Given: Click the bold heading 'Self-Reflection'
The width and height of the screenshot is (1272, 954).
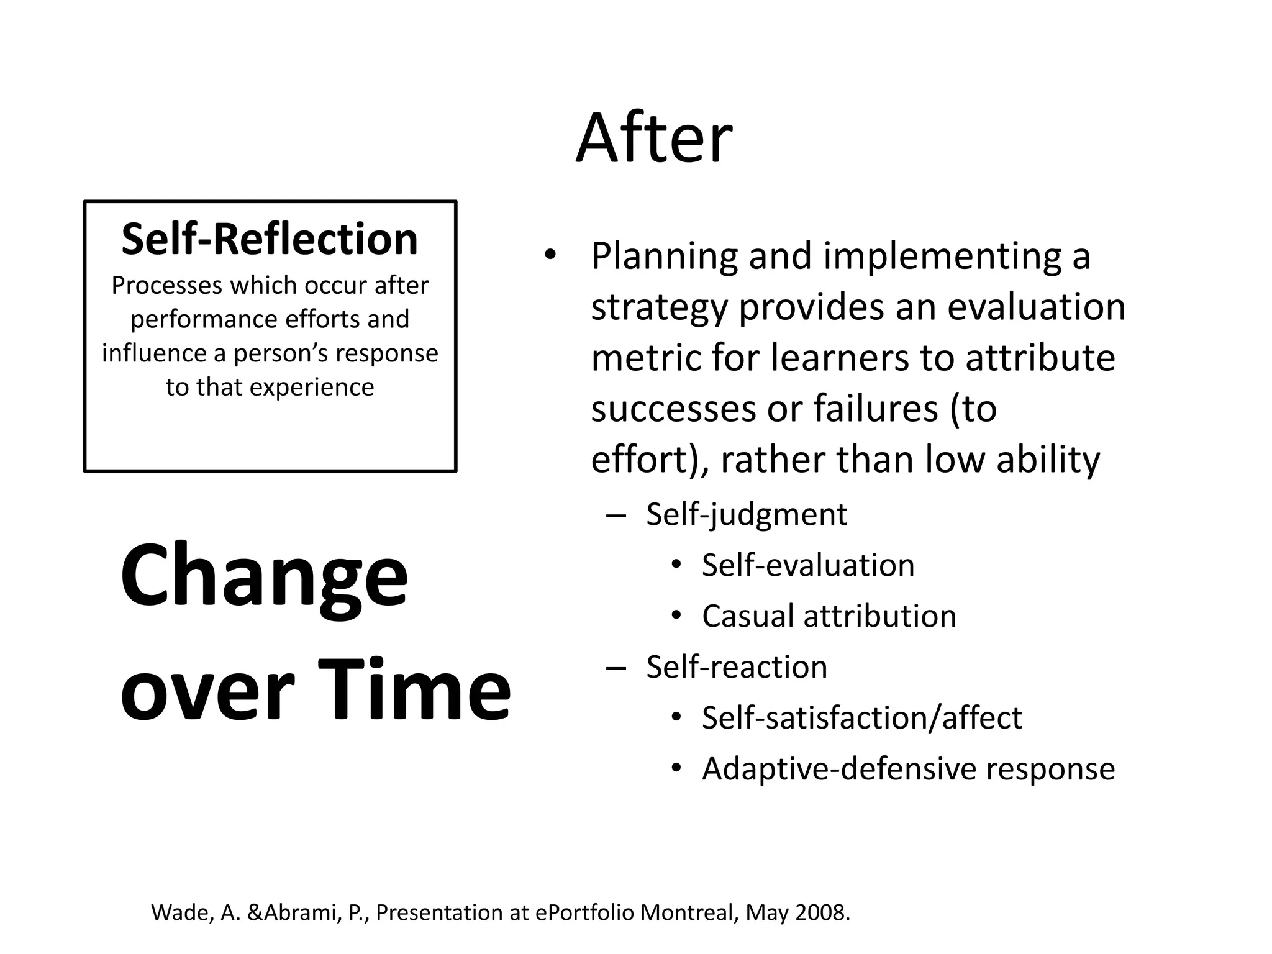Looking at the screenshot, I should click(270, 239).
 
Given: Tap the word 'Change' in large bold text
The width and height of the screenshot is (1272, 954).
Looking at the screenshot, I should click(264, 576).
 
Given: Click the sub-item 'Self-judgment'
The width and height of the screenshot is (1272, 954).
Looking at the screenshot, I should click(746, 514).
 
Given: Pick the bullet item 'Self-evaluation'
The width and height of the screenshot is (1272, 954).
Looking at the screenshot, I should click(807, 565).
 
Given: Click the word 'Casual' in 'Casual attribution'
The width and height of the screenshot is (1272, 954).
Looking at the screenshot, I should click(747, 616).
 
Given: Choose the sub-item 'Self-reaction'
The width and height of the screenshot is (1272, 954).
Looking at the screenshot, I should click(736, 667).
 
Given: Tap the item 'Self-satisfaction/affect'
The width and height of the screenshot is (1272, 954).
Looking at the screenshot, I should click(861, 718).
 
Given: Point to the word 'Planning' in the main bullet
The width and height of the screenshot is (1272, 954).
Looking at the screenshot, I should click(664, 257).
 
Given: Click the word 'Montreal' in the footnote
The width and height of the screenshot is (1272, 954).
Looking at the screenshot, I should click(689, 912).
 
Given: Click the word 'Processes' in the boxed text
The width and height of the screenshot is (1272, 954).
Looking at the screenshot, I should click(166, 286).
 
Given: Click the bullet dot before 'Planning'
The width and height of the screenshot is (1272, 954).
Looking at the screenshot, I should click(549, 255).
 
